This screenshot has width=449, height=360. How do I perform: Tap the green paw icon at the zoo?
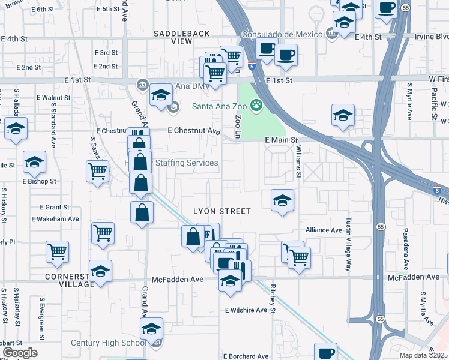[x=257, y=106]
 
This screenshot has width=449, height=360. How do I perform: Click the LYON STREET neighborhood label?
[x=221, y=211]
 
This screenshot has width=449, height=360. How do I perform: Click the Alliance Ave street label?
[x=324, y=230]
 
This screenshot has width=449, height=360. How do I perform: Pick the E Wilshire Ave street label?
[x=246, y=310]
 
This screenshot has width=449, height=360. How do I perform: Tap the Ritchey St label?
[x=273, y=299]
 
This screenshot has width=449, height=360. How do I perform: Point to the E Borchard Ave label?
[x=245, y=356]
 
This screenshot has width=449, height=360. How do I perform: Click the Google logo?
[x=19, y=353]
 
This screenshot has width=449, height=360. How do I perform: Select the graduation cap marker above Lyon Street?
[x=282, y=200]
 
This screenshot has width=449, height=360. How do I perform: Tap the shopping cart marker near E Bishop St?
[x=97, y=172]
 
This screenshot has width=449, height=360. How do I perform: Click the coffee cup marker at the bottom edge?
[x=325, y=352]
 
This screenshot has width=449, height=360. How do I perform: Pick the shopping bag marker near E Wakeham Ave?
[x=142, y=212]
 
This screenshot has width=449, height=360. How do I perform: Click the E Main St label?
[x=282, y=140]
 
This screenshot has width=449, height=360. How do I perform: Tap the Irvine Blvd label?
[x=432, y=37]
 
